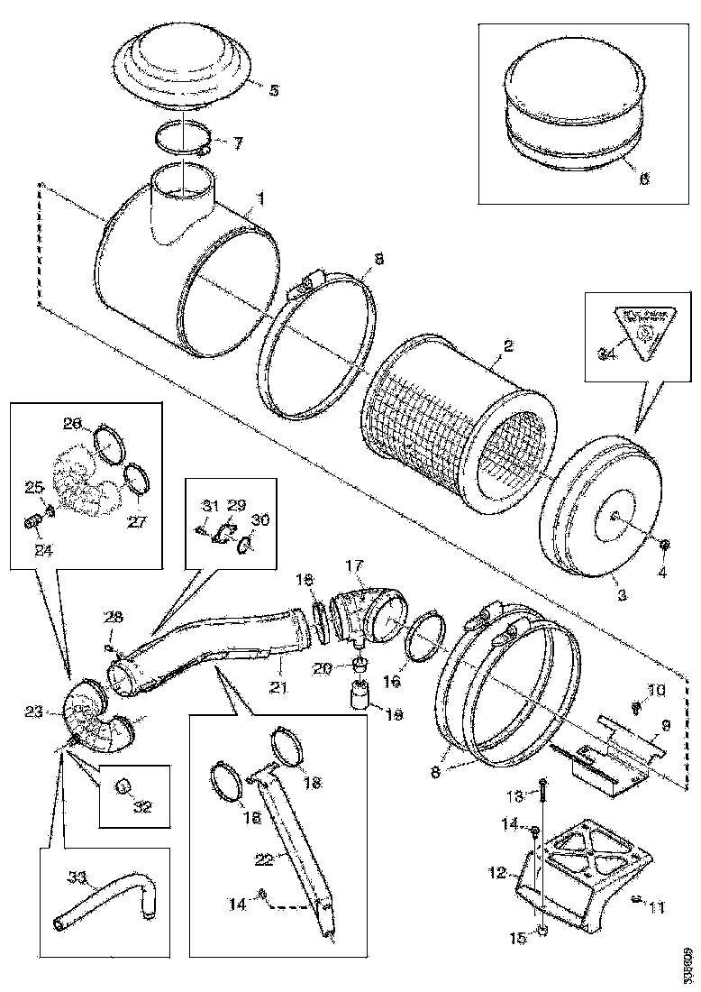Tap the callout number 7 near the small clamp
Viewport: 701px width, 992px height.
(238, 142)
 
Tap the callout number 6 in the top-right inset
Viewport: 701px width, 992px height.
(643, 179)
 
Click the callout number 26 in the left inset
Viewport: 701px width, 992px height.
(71, 423)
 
